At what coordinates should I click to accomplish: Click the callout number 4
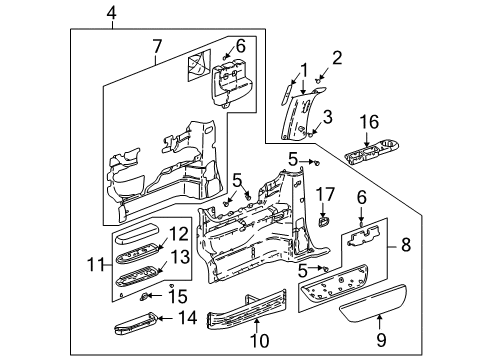[112, 12]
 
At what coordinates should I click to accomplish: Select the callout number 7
[156, 47]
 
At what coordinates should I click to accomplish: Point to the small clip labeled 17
[326, 217]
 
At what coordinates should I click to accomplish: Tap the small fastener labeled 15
[148, 296]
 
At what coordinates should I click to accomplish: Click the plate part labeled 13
[138, 282]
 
